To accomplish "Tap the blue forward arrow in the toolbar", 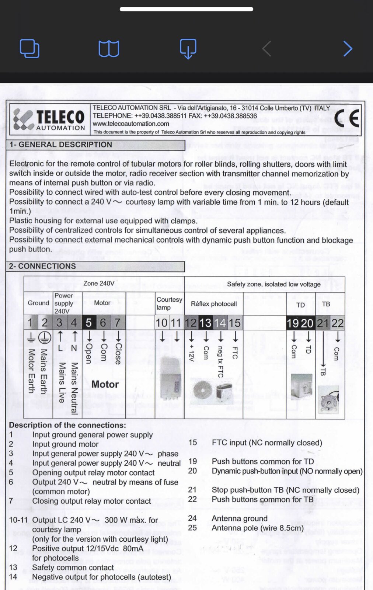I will pyautogui.click(x=348, y=49).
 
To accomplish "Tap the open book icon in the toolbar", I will pyautogui.click(x=109, y=49).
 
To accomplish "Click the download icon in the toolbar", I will pyautogui.click(x=188, y=49).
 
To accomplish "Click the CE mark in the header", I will pyautogui.click(x=347, y=118).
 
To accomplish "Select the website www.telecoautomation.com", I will pyautogui.click(x=131, y=124).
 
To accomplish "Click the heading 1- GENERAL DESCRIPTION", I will pyautogui.click(x=61, y=145).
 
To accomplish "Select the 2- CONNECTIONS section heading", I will pyautogui.click(x=43, y=266).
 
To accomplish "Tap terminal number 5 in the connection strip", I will pyautogui.click(x=88, y=323).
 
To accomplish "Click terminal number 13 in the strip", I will pyautogui.click(x=205, y=323).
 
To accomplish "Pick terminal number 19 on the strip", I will pyautogui.click(x=293, y=323).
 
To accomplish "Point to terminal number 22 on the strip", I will pyautogui.click(x=337, y=323).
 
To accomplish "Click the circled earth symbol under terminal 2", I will pyautogui.click(x=45, y=337).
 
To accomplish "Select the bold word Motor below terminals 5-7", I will pyautogui.click(x=105, y=384).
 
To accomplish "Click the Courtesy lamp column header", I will pyautogui.click(x=169, y=303).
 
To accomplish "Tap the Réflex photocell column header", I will pyautogui.click(x=214, y=304).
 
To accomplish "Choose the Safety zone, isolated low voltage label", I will pyautogui.click(x=273, y=284).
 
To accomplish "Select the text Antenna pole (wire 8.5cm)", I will pyautogui.click(x=258, y=528).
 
